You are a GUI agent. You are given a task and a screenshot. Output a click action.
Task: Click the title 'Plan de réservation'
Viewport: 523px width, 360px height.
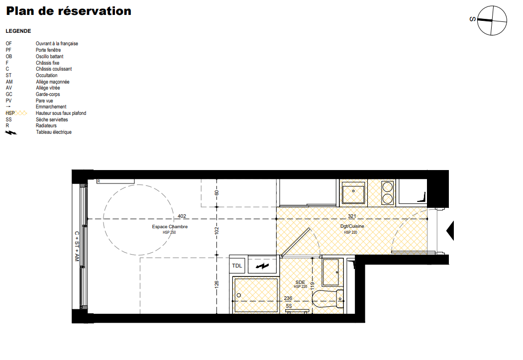(69, 11)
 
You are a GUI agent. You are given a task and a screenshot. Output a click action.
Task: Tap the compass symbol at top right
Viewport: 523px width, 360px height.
(492, 20)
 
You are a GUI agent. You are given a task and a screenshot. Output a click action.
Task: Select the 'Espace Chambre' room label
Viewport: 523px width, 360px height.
(170, 227)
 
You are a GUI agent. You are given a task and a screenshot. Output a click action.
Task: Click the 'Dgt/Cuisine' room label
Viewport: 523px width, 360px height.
(352, 226)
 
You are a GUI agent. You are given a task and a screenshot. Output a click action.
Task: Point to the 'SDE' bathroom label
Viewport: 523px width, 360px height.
(300, 282)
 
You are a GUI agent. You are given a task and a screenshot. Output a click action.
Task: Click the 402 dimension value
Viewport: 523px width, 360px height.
(182, 216)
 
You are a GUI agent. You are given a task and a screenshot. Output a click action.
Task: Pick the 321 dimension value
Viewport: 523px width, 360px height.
(352, 216)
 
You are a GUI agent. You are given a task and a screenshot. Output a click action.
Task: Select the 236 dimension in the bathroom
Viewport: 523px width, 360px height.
(288, 298)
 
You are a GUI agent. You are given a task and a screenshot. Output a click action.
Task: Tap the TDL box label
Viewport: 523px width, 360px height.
(237, 266)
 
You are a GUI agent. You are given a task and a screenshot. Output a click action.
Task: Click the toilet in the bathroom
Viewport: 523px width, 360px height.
(328, 299)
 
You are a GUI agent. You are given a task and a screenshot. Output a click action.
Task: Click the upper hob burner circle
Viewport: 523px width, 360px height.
(388, 186)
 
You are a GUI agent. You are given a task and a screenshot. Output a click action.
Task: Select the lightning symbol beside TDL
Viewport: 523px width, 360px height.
(262, 266)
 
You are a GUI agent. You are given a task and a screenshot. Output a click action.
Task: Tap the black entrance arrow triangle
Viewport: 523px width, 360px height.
(451, 230)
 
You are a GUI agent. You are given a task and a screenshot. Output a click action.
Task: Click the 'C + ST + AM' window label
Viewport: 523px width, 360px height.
(77, 246)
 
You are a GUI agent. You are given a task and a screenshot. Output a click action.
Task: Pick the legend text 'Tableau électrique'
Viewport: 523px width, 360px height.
(54, 132)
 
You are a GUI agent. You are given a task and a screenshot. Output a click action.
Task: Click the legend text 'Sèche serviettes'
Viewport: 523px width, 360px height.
(52, 119)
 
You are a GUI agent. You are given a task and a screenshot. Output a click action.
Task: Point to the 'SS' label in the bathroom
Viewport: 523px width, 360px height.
(289, 306)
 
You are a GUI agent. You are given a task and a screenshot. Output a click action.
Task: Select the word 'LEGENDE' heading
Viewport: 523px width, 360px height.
(18, 31)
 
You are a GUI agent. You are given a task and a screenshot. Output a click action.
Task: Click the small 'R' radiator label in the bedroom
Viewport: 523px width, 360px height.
(99, 181)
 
